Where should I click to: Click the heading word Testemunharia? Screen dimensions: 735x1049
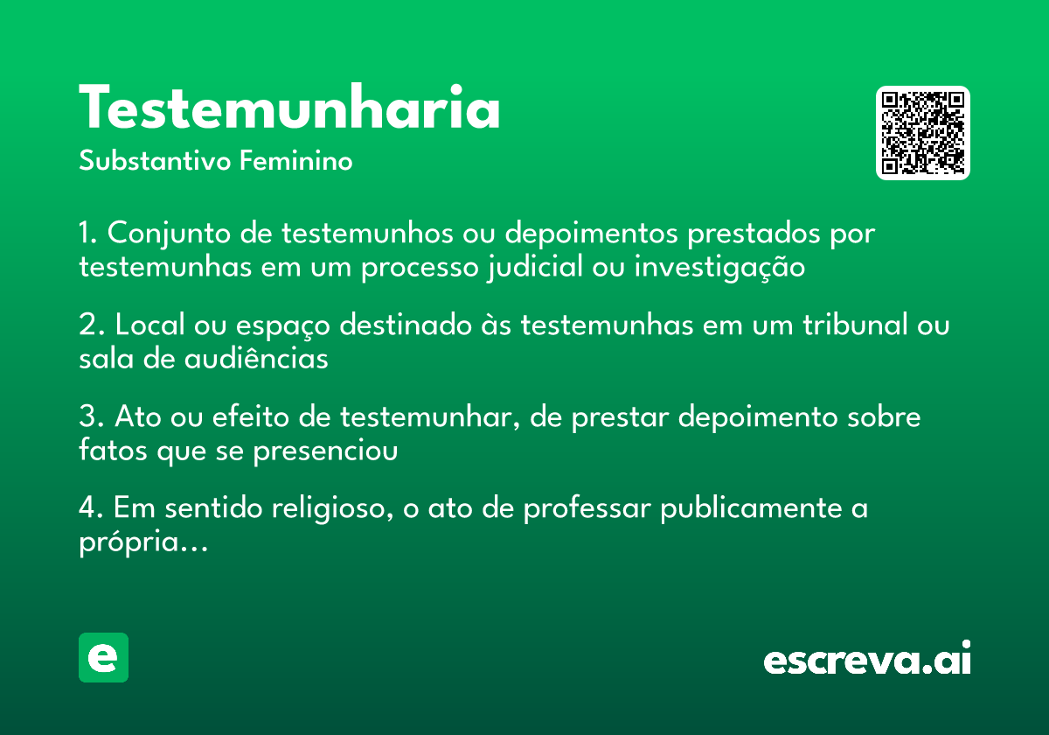tap(289, 108)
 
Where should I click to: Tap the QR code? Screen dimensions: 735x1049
tap(923, 133)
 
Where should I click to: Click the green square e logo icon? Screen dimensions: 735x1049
tap(103, 657)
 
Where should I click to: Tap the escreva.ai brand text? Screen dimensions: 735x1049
tap(867, 660)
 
